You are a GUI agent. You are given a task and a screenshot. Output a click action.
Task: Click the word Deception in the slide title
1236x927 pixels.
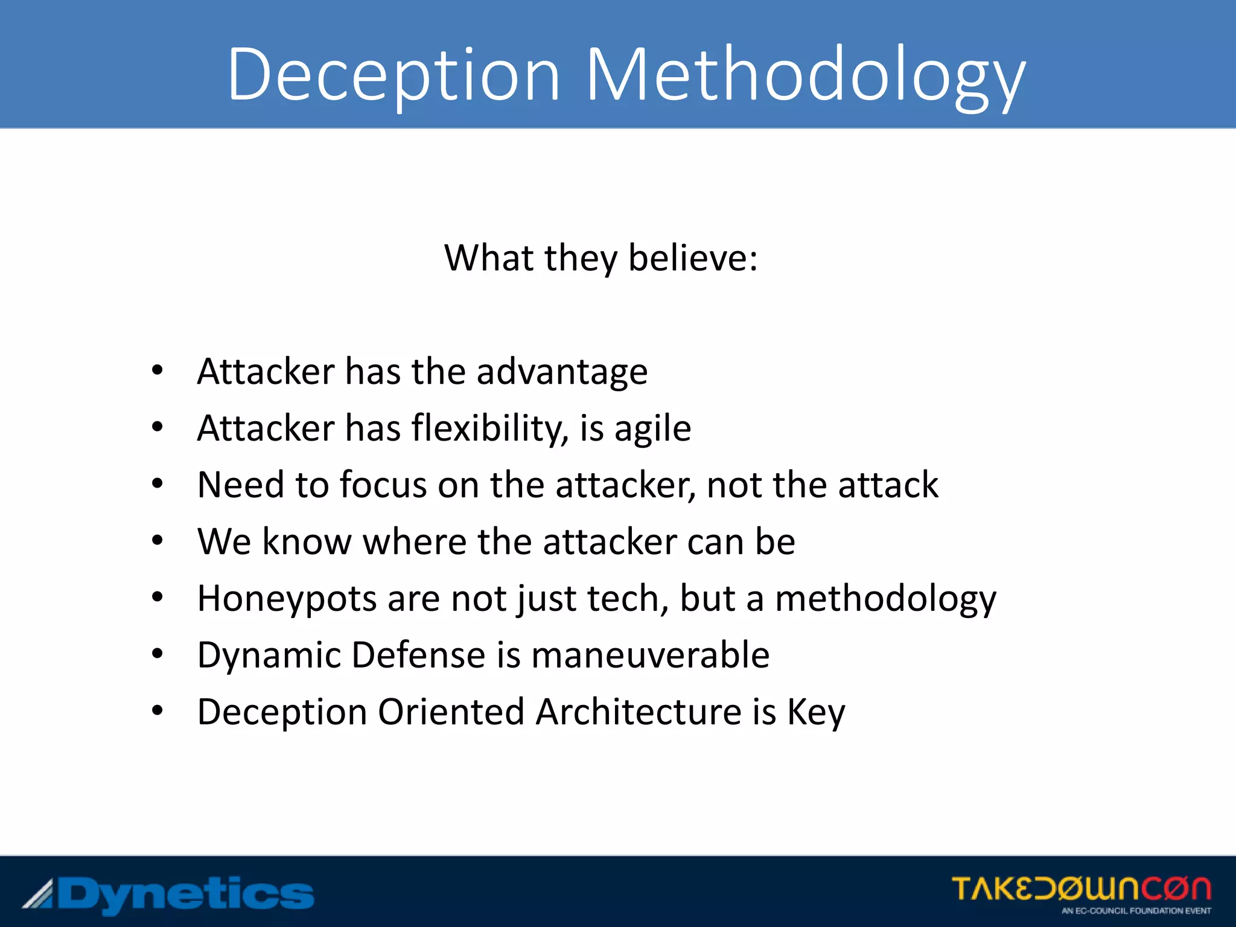pos(393,75)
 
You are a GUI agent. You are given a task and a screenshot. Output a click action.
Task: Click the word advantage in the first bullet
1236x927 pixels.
pos(562,372)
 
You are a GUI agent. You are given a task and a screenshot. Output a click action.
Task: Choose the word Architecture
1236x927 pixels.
pos(639,712)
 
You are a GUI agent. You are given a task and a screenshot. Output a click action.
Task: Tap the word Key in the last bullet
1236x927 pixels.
pos(816,713)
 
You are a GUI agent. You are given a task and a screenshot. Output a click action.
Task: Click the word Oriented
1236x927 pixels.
pos(451,712)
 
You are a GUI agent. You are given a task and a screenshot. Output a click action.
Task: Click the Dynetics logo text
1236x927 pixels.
pos(184,894)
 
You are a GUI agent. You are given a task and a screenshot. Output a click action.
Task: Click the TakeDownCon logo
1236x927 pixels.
pos(1081,888)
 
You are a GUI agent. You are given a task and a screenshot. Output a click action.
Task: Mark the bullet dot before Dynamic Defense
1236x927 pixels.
pos(158,654)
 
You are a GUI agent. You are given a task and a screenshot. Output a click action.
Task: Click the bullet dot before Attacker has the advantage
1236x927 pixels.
pos(158,371)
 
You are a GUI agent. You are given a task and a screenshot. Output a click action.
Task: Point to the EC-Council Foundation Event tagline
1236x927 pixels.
pos(1136,911)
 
